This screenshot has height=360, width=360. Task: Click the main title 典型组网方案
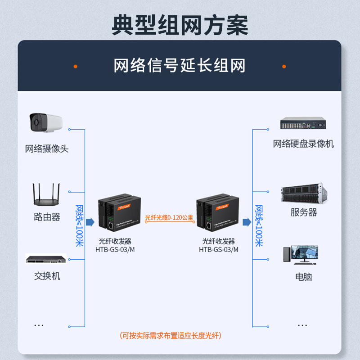pos(180,25)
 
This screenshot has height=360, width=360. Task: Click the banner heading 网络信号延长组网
pos(180,66)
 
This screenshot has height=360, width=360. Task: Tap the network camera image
pos(45,122)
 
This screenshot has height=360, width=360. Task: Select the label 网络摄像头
pos(47,149)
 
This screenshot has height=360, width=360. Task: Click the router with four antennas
pos(46,194)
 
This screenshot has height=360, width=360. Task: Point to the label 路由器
pos(47,217)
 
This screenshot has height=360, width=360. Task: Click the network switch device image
pos(46,260)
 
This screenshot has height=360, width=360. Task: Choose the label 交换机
pos(47,276)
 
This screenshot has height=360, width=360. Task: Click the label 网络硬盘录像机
pos(303,144)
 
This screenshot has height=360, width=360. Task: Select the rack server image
pos(303,193)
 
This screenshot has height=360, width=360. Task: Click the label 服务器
pos(303,212)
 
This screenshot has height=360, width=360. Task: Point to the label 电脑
pos(303,277)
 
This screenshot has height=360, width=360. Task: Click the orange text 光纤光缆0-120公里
pos(169,217)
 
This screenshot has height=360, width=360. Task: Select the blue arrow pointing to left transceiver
pos(90,222)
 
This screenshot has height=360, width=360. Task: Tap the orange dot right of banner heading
pos(284,67)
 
